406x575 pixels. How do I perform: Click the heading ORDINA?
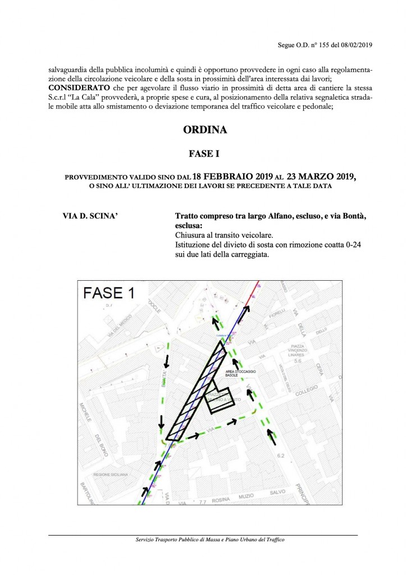click(x=204, y=130)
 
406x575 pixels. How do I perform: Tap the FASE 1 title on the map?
click(x=110, y=293)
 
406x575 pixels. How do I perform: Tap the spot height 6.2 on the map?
click(x=281, y=454)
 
